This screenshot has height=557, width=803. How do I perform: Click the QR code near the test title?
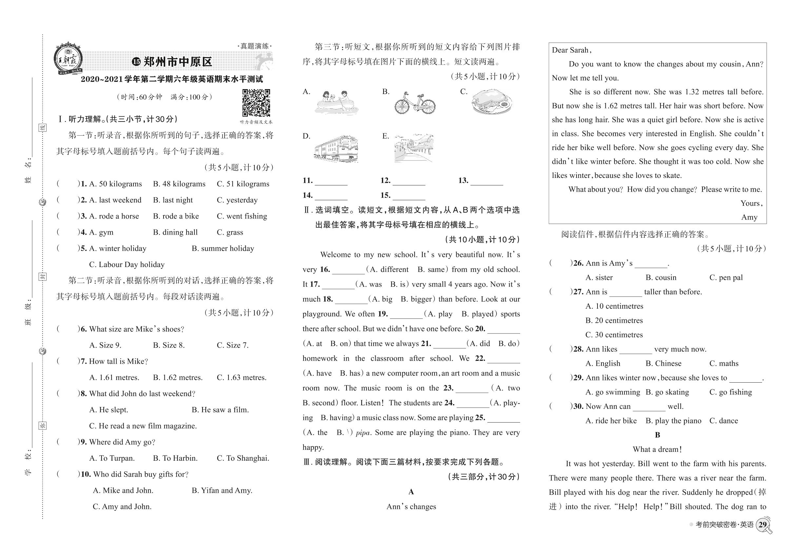256,103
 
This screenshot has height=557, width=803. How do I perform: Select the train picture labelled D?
336,149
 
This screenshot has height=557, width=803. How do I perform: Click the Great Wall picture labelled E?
414,148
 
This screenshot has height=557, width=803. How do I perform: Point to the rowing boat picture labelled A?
336,102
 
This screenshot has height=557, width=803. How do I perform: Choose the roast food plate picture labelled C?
491,102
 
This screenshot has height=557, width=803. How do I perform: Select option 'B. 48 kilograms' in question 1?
179,184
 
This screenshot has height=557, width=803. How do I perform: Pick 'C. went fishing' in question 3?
242,216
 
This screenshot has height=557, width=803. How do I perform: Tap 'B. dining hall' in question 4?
175,232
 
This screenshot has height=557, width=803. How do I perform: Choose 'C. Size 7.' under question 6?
232,345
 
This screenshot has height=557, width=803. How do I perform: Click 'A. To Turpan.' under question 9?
112,458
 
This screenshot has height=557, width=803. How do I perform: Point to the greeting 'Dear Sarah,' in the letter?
572,50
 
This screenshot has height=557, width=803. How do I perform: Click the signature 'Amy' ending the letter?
749,217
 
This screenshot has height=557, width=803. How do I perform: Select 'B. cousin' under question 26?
660,278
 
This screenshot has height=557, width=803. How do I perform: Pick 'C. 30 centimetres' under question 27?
614,335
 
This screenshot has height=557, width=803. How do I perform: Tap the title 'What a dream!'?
657,450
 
